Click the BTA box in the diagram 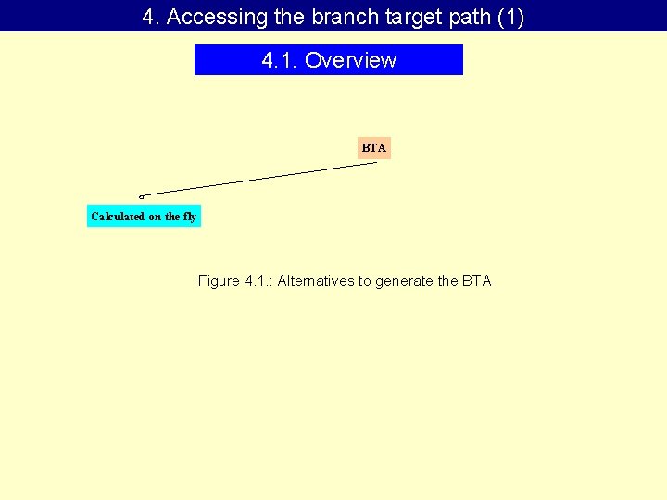click(374, 148)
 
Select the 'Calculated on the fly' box click(144, 217)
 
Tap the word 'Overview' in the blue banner click(350, 60)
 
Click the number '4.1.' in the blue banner click(280, 60)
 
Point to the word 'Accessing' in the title click(207, 17)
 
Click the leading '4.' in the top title click(151, 17)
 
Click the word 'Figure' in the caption click(219, 281)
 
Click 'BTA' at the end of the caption click(477, 281)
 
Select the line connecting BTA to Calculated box click(259, 180)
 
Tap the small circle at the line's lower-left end click(141, 196)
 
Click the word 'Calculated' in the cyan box click(118, 217)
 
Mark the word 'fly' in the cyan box click(190, 217)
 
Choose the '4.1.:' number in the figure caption click(258, 281)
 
